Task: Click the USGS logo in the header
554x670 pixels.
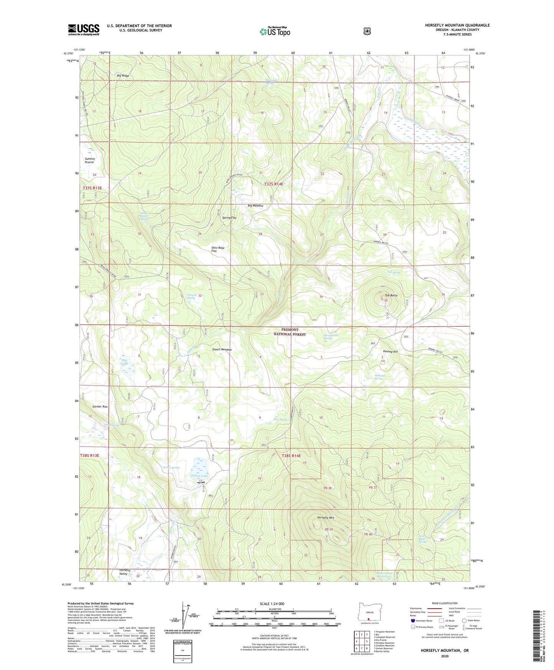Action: pyautogui.click(x=84, y=30)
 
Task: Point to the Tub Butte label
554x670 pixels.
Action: pyautogui.click(x=391, y=295)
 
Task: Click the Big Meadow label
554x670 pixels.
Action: pyautogui.click(x=255, y=206)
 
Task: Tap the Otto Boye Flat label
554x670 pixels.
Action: pyautogui.click(x=218, y=249)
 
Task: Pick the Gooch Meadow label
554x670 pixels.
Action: pyautogui.click(x=222, y=350)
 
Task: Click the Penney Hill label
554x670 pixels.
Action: pyautogui.click(x=390, y=352)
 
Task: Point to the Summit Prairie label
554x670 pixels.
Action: pyautogui.click(x=90, y=160)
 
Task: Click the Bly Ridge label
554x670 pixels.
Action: pyautogui.click(x=123, y=76)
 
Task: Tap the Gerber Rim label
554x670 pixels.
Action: pyautogui.click(x=100, y=406)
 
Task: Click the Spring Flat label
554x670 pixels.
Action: pyautogui.click(x=229, y=218)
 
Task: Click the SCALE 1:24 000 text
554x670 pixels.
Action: pyautogui.click(x=272, y=604)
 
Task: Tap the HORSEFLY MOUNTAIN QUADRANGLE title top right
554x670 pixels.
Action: pyautogui.click(x=457, y=25)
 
